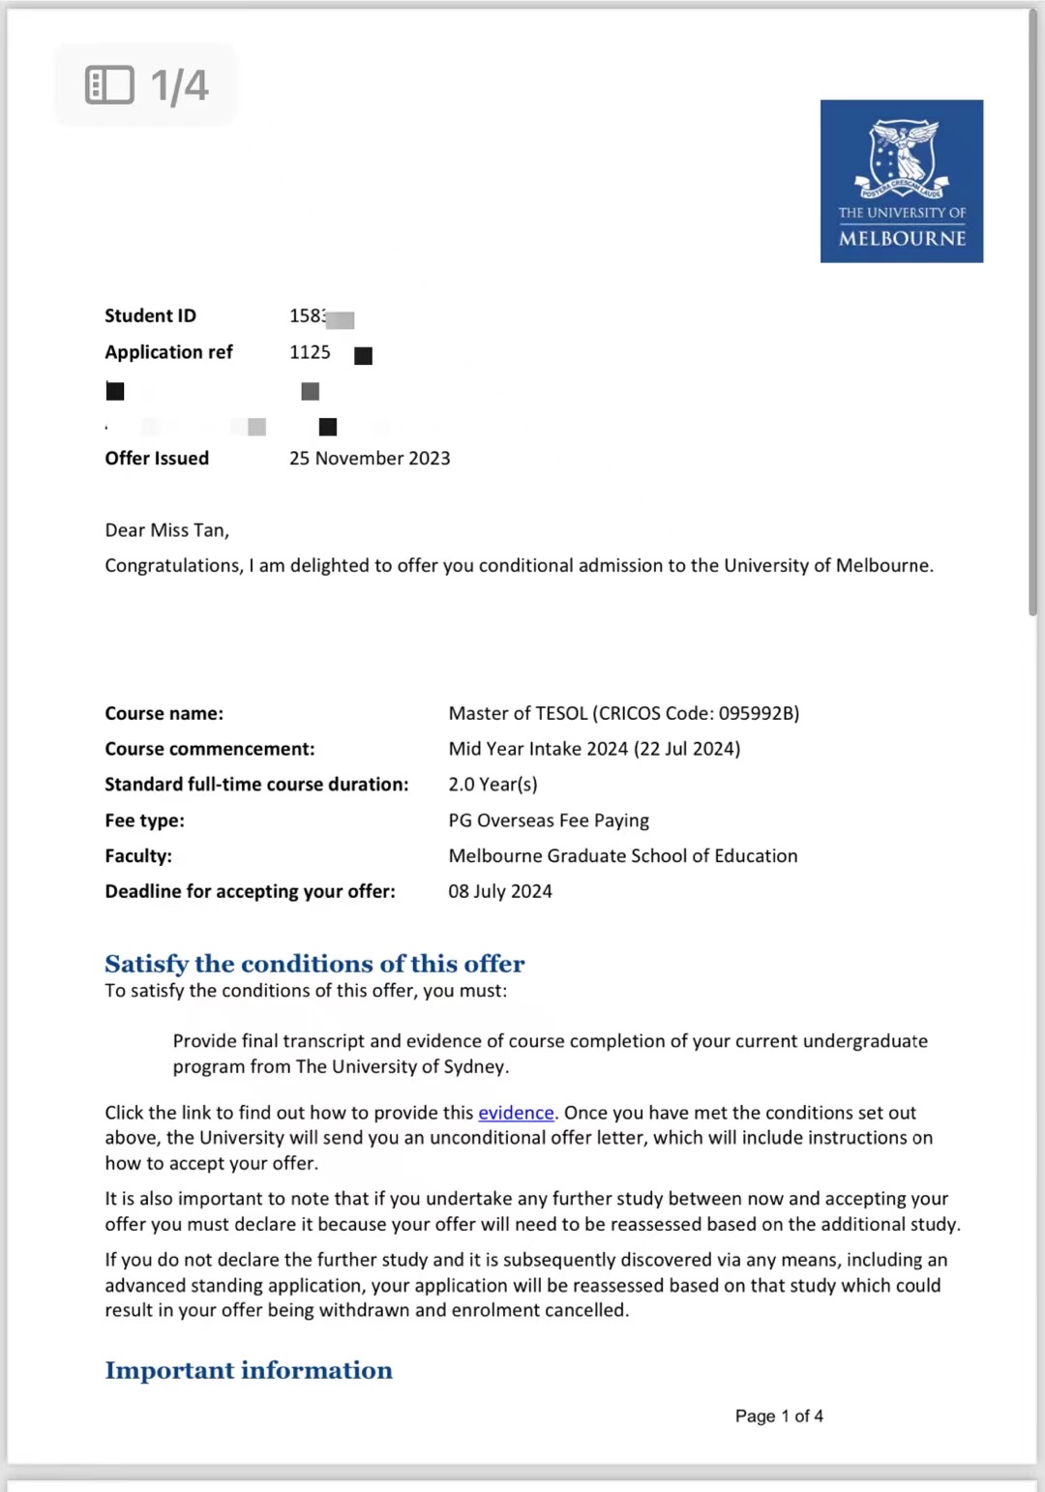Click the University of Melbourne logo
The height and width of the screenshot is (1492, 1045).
tap(901, 181)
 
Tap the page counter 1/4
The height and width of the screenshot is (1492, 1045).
tap(180, 85)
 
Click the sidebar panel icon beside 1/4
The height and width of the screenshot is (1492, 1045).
tap(109, 85)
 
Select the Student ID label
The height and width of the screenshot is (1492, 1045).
tap(150, 315)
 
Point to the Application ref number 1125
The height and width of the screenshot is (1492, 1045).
tap(310, 352)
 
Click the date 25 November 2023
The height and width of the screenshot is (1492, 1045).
tap(370, 459)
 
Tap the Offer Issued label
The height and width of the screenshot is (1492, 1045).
tap(157, 459)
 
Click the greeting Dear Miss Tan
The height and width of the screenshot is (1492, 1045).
tap(166, 530)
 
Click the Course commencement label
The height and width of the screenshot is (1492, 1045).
tap(210, 749)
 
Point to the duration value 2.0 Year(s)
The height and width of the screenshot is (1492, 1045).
tap(493, 785)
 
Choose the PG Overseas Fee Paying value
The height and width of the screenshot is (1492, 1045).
tap(549, 821)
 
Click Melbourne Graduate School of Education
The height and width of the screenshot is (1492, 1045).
tap(623, 856)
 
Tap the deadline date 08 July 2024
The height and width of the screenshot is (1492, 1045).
tap(500, 891)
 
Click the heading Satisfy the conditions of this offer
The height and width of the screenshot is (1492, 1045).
tap(314, 964)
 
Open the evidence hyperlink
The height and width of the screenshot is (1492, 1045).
tap(516, 1113)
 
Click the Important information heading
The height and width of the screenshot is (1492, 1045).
tap(249, 1370)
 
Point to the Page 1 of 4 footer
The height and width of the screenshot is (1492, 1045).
tap(779, 1417)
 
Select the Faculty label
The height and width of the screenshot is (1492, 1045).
tap(138, 856)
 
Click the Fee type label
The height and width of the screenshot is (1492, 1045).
tap(144, 821)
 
